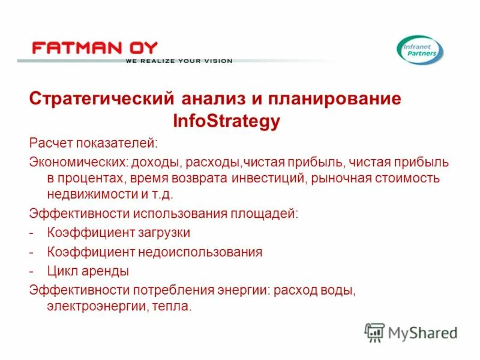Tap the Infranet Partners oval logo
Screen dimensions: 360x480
420,50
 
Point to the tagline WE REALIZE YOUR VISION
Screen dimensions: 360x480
178,61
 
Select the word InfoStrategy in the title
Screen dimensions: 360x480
226,122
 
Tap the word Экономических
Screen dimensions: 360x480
74,163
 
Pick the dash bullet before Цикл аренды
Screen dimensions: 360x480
31,271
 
